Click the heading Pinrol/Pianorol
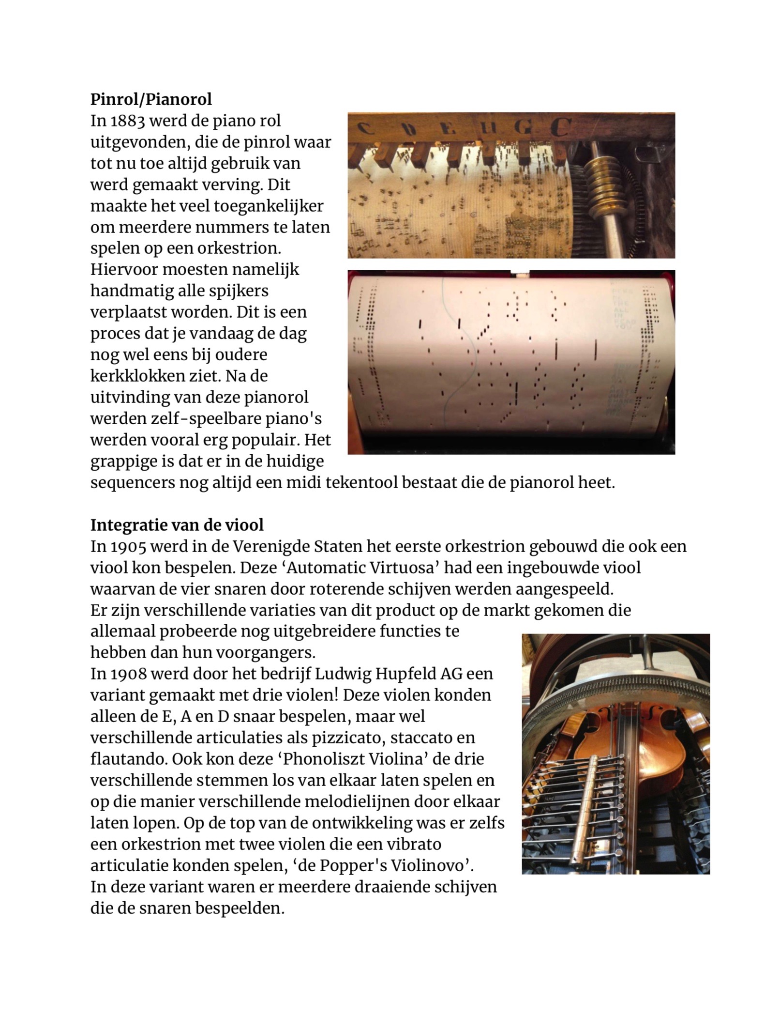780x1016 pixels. pos(151,99)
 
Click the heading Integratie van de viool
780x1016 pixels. pos(177,525)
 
